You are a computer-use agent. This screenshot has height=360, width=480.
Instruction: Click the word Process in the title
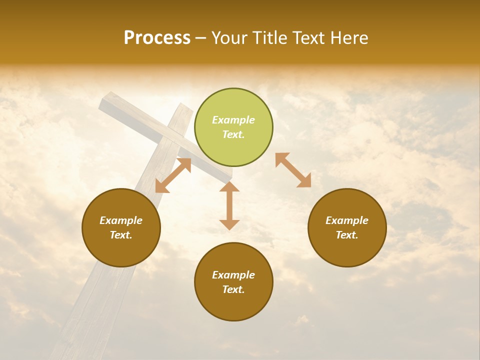tap(157, 38)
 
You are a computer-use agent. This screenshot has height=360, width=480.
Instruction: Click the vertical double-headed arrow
tap(229, 205)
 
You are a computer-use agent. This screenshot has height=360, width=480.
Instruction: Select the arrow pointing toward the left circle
tap(173, 175)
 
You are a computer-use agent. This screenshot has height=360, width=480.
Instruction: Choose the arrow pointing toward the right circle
tap(293, 170)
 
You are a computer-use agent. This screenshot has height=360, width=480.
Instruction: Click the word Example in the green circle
tap(233, 120)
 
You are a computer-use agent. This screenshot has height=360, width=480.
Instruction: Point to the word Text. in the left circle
tap(121, 235)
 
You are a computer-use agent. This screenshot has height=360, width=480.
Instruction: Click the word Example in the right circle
tap(347, 220)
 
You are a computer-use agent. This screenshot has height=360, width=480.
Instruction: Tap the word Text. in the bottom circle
tap(233, 289)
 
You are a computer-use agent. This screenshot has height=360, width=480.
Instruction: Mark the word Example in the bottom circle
tap(233, 275)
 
